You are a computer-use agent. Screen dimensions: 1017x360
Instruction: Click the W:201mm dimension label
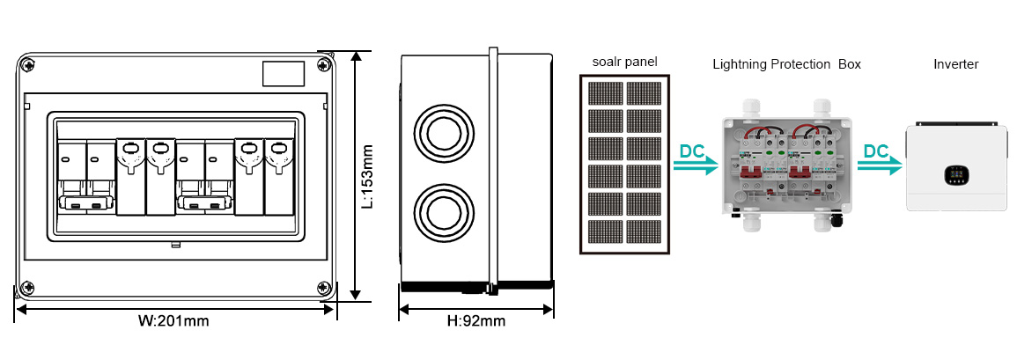click(x=173, y=320)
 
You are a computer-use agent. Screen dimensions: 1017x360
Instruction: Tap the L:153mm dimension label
click(x=367, y=176)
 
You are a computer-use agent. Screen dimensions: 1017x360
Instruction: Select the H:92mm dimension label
click(x=476, y=320)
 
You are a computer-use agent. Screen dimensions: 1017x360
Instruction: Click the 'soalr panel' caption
click(x=624, y=62)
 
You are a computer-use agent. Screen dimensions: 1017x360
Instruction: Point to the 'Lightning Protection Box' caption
click(x=787, y=64)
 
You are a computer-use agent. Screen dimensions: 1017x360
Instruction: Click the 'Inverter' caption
click(x=956, y=64)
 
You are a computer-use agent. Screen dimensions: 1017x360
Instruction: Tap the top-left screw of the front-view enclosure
click(x=27, y=65)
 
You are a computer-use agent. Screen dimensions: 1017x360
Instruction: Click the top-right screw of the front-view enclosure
click(x=323, y=65)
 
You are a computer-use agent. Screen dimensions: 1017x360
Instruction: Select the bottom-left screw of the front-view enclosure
click(x=27, y=287)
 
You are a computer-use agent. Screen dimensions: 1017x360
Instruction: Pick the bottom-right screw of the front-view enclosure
click(x=323, y=287)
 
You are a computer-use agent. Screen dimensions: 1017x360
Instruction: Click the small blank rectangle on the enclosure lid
click(x=284, y=73)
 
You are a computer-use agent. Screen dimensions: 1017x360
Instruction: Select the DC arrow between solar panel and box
click(x=696, y=159)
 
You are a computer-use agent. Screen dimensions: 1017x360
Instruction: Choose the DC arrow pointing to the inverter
click(x=880, y=159)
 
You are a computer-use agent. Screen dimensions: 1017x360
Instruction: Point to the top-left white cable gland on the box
click(x=752, y=107)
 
